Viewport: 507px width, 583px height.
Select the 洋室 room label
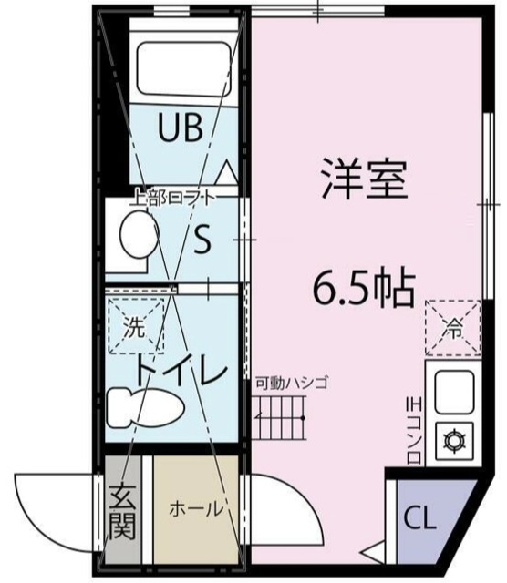(x=362, y=179)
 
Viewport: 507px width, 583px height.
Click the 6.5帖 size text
(x=363, y=290)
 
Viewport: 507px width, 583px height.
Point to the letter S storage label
(x=202, y=240)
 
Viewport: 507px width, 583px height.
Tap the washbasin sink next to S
(x=137, y=232)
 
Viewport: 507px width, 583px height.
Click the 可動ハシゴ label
(x=290, y=384)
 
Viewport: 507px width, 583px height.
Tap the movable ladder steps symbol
(x=281, y=423)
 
